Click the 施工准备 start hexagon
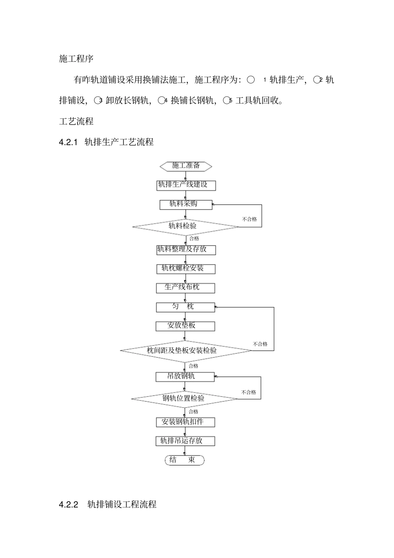[x=186, y=166]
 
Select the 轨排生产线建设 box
[x=186, y=185]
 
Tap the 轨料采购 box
[x=186, y=205]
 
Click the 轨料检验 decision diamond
[x=185, y=227]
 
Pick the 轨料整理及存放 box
[x=186, y=250]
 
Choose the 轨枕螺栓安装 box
[x=186, y=269]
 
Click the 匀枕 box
[x=185, y=307]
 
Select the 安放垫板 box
[x=185, y=326]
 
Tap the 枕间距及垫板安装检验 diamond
[x=186, y=351]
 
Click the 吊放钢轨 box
[x=185, y=377]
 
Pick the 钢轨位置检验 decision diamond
[x=185, y=399]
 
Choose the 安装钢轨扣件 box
[x=185, y=422]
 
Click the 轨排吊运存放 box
[x=185, y=441]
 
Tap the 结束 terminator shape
[x=185, y=460]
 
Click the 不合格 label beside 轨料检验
[x=249, y=219]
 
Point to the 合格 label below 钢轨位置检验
[x=193, y=412]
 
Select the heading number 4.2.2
[x=69, y=504]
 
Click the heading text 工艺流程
[x=76, y=122]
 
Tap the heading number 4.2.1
[x=69, y=142]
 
